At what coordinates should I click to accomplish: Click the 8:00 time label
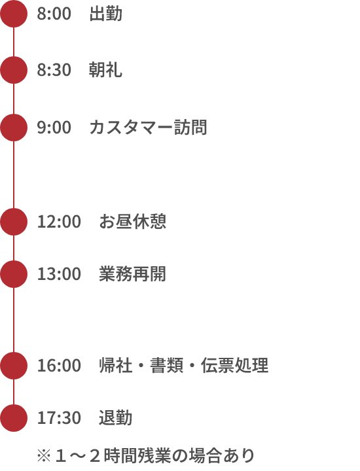tap(54, 14)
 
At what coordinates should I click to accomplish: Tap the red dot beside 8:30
tap(14, 70)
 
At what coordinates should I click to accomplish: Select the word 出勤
tap(106, 14)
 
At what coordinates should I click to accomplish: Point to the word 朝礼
tap(105, 70)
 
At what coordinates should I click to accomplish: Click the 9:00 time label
tap(54, 128)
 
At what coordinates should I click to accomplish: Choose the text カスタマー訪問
tap(148, 128)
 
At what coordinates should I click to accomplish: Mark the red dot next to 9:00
tap(14, 128)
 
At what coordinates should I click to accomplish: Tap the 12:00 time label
tap(59, 222)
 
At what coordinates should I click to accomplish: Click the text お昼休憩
tap(132, 221)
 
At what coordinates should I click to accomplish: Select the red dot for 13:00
tap(14, 274)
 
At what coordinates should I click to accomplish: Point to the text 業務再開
tap(132, 274)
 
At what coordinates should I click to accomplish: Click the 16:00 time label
tap(59, 366)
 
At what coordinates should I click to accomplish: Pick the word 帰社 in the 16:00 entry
tap(116, 365)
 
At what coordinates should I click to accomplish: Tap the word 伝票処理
tap(235, 365)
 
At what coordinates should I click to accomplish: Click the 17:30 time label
tap(59, 418)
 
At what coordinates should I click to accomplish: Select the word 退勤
tap(116, 418)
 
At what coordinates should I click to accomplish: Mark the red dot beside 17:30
tap(14, 418)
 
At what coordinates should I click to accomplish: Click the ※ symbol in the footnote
tap(44, 456)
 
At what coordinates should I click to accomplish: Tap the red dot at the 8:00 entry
tap(14, 14)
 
